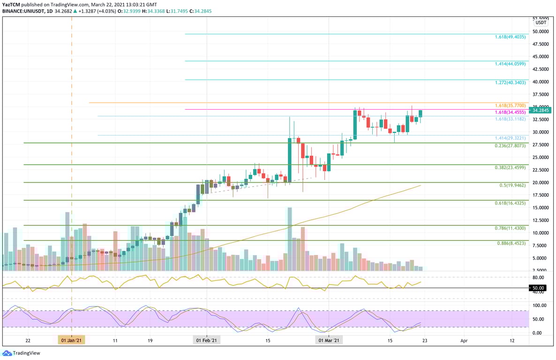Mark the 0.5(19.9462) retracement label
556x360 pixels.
(513, 185)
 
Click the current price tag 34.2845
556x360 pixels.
(541, 110)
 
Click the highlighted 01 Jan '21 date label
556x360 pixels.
(71, 341)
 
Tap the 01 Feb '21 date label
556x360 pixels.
(206, 341)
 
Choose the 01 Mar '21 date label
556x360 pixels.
(329, 341)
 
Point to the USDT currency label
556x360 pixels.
(541, 22)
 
